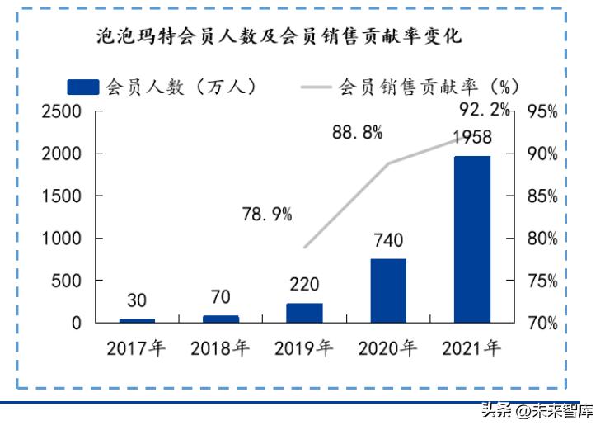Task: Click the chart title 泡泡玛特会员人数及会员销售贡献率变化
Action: (x=279, y=37)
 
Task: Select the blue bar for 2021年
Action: (x=471, y=239)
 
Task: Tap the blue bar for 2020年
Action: (x=387, y=290)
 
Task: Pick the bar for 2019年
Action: (x=304, y=312)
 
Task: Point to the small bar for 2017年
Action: (x=137, y=320)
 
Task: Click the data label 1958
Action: (x=471, y=137)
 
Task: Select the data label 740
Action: (x=387, y=241)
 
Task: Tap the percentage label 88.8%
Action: (x=358, y=133)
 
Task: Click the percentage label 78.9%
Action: (x=267, y=215)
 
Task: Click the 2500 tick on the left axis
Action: (x=63, y=112)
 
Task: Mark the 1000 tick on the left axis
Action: (x=63, y=239)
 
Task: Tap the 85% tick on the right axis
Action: (x=542, y=196)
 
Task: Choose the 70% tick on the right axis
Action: (x=542, y=323)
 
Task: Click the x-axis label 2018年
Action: (x=220, y=348)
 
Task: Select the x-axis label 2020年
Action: (x=387, y=348)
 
